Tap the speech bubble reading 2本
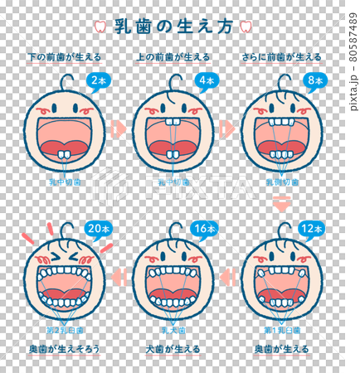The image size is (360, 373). (x=98, y=81)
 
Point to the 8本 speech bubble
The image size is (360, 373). (x=314, y=81)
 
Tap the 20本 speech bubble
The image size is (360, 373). (x=96, y=229)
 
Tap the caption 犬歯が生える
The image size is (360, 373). (x=173, y=349)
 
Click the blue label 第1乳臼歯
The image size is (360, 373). (x=282, y=330)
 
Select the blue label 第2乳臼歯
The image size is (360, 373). (x=62, y=330)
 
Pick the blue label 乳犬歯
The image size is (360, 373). (x=173, y=330)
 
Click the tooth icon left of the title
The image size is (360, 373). (x=100, y=26)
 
